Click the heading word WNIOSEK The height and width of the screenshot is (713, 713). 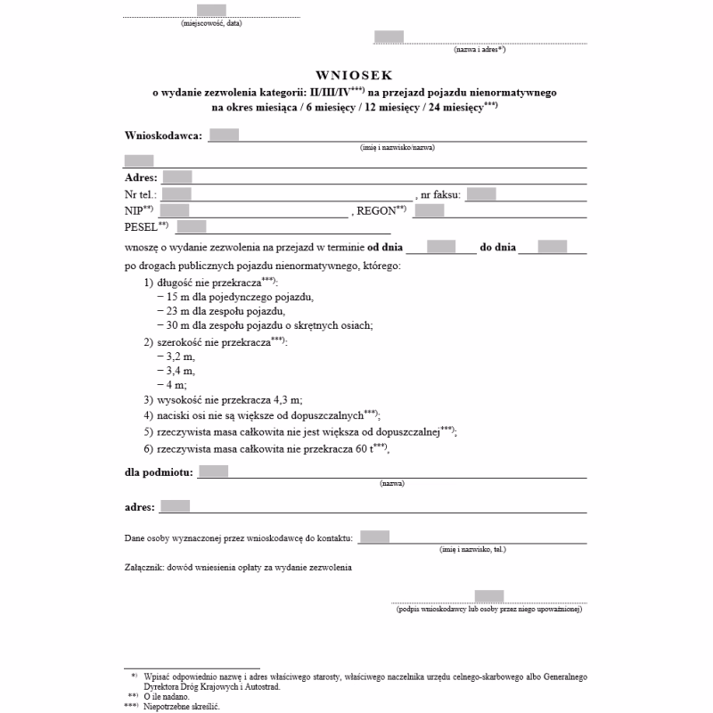(x=354, y=77)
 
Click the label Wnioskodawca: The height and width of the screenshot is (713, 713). (x=164, y=135)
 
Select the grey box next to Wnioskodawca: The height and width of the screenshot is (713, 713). (x=224, y=135)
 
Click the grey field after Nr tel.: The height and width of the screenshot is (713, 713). (x=177, y=193)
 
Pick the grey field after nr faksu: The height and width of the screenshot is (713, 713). (x=480, y=193)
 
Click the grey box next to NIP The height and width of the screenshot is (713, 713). (x=174, y=210)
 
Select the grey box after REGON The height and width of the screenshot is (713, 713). (x=429, y=210)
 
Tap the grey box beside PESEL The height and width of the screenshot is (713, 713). (x=192, y=227)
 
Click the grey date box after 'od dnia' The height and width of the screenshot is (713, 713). (x=441, y=247)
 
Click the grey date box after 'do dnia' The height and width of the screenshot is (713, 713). (x=553, y=247)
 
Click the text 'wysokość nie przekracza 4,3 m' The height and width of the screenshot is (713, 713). (x=235, y=400)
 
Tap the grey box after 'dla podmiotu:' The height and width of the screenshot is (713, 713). (x=213, y=471)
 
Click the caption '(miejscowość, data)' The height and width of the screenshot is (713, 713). (x=211, y=24)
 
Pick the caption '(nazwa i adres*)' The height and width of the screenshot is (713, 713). (x=479, y=50)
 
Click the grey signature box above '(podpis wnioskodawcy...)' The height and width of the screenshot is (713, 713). (x=489, y=596)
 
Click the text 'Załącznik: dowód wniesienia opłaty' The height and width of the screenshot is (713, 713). (x=239, y=567)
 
